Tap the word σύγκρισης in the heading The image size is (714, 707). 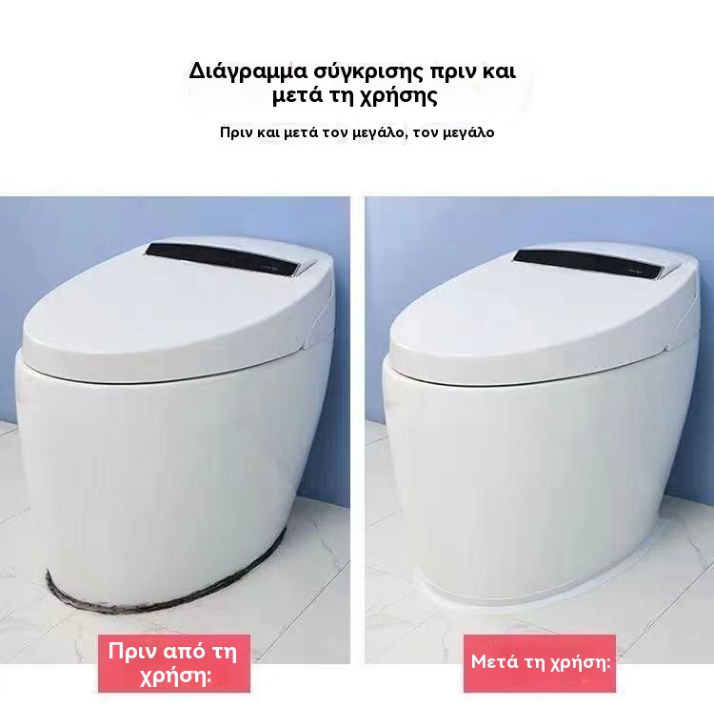(x=360, y=73)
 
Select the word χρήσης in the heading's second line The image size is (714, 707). (x=398, y=97)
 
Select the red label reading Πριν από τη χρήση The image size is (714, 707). (x=174, y=663)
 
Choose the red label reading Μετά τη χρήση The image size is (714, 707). (x=540, y=663)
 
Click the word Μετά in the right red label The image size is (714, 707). (x=494, y=662)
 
